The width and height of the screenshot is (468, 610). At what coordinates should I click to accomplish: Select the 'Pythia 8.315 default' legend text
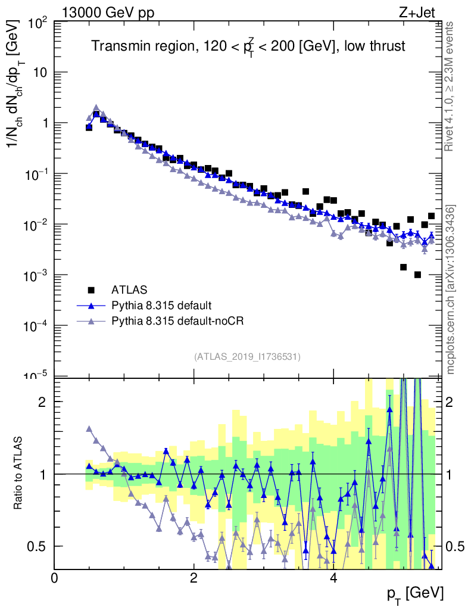click(x=161, y=306)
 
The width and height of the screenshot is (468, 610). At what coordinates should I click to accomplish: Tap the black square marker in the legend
click(x=91, y=290)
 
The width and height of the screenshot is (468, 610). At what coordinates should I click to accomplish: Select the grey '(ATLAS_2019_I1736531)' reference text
click(x=247, y=357)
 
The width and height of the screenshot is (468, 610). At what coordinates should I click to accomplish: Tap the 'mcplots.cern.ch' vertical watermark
click(x=451, y=289)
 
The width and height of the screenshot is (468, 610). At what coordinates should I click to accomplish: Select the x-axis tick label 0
click(x=55, y=578)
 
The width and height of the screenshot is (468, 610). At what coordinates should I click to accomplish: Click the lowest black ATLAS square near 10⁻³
click(x=417, y=275)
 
